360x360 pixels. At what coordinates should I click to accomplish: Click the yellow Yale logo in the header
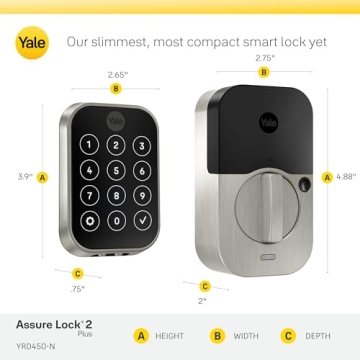coord(30,42)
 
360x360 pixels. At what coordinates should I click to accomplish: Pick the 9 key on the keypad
coord(139,193)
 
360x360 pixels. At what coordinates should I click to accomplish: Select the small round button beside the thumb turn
coord(300,184)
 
